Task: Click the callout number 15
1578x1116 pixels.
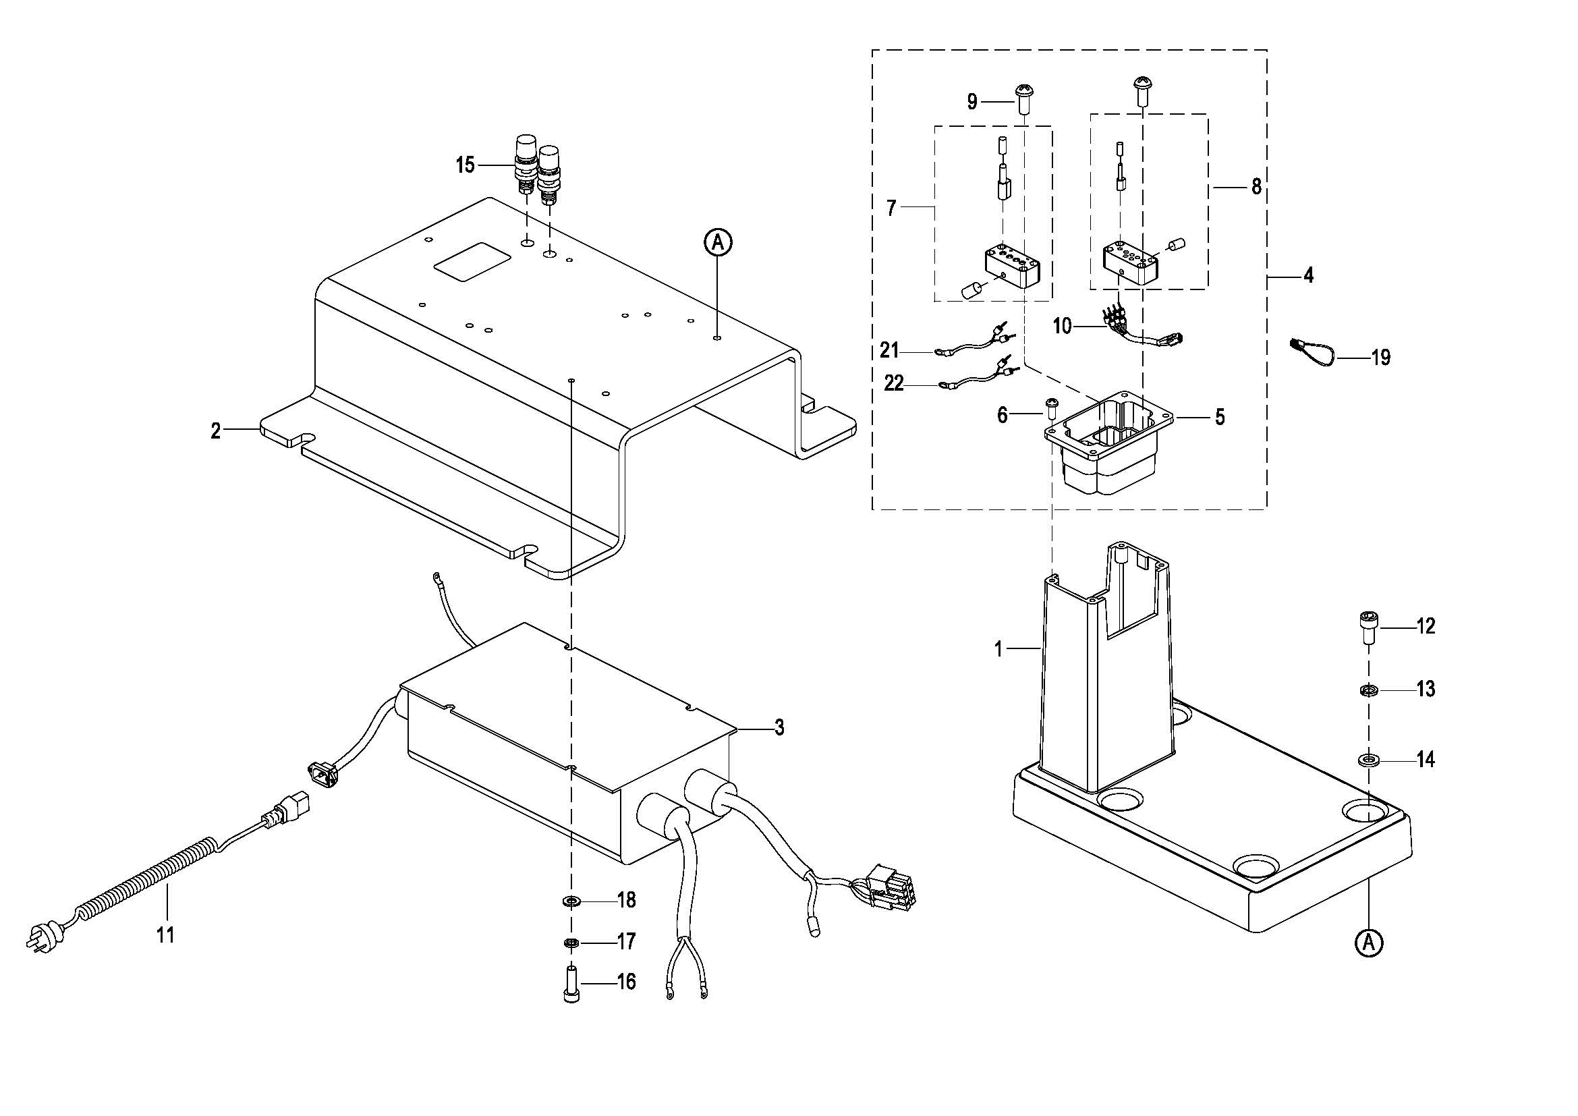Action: [466, 165]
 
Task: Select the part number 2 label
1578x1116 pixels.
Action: [216, 431]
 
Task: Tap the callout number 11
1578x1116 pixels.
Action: [166, 934]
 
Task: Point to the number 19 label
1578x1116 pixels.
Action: [1381, 358]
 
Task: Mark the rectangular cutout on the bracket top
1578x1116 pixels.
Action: [471, 260]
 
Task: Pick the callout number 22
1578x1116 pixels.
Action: [893, 383]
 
